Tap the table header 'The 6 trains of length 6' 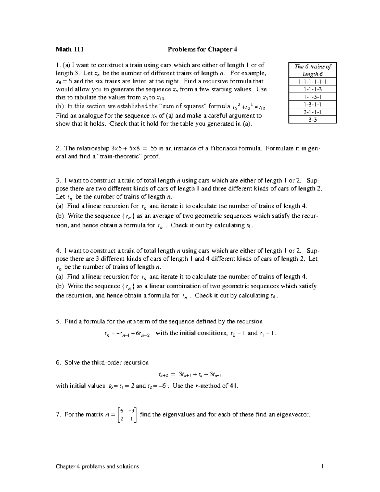[x=313, y=70]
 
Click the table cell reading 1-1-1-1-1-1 [x=313, y=82]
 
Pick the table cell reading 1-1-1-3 [x=313, y=89]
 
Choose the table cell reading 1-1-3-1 [x=313, y=97]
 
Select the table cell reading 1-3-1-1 [x=313, y=105]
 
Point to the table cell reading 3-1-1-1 [x=313, y=112]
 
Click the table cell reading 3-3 [x=313, y=120]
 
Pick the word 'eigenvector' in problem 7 [x=293, y=414]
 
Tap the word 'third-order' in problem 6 [x=113, y=362]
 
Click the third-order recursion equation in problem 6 [x=189, y=374]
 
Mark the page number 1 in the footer [x=322, y=466]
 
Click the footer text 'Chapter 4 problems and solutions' [x=98, y=466]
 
